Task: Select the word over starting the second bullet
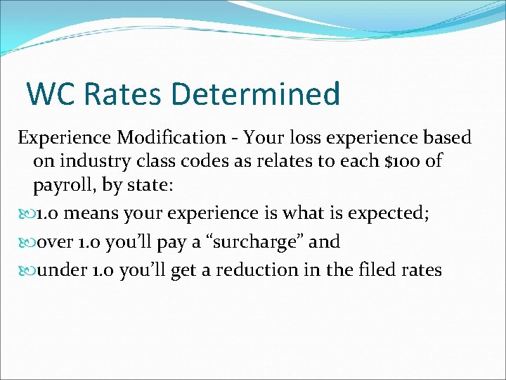pyautogui.click(x=56, y=242)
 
